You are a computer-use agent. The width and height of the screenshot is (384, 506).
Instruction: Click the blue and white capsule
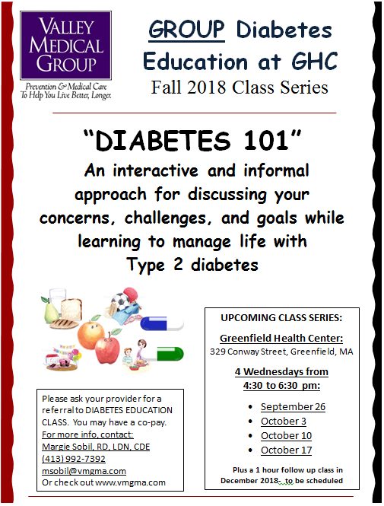[x=163, y=323]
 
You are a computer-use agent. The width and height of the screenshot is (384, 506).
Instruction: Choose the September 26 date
[x=293, y=407]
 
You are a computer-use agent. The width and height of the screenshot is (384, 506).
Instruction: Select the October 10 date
[x=286, y=436]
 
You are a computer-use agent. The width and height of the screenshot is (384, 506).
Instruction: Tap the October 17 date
[x=286, y=450]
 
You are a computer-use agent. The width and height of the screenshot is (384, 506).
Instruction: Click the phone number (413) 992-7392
[x=73, y=459]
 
